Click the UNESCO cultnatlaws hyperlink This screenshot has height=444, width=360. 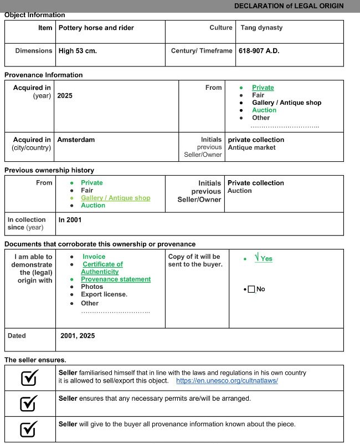click(227, 381)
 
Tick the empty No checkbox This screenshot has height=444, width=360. click(251, 289)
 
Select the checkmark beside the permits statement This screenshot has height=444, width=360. click(29, 404)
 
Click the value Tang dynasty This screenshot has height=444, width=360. click(261, 28)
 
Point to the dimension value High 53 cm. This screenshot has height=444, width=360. click(78, 51)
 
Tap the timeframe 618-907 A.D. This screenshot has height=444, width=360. click(259, 51)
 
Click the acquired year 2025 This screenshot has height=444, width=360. click(65, 96)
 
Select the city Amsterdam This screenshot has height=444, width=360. click(76, 140)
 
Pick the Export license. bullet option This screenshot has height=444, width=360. click(104, 294)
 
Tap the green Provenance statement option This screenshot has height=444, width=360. click(116, 279)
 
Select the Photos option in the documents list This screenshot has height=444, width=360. click(92, 287)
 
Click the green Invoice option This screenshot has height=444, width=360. click(94, 257)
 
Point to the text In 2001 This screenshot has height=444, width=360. click(70, 220)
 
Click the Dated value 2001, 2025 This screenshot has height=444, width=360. click(78, 335)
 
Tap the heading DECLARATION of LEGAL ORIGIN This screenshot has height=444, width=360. click(289, 6)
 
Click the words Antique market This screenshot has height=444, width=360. click(252, 147)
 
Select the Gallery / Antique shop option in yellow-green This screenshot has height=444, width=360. click(115, 198)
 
